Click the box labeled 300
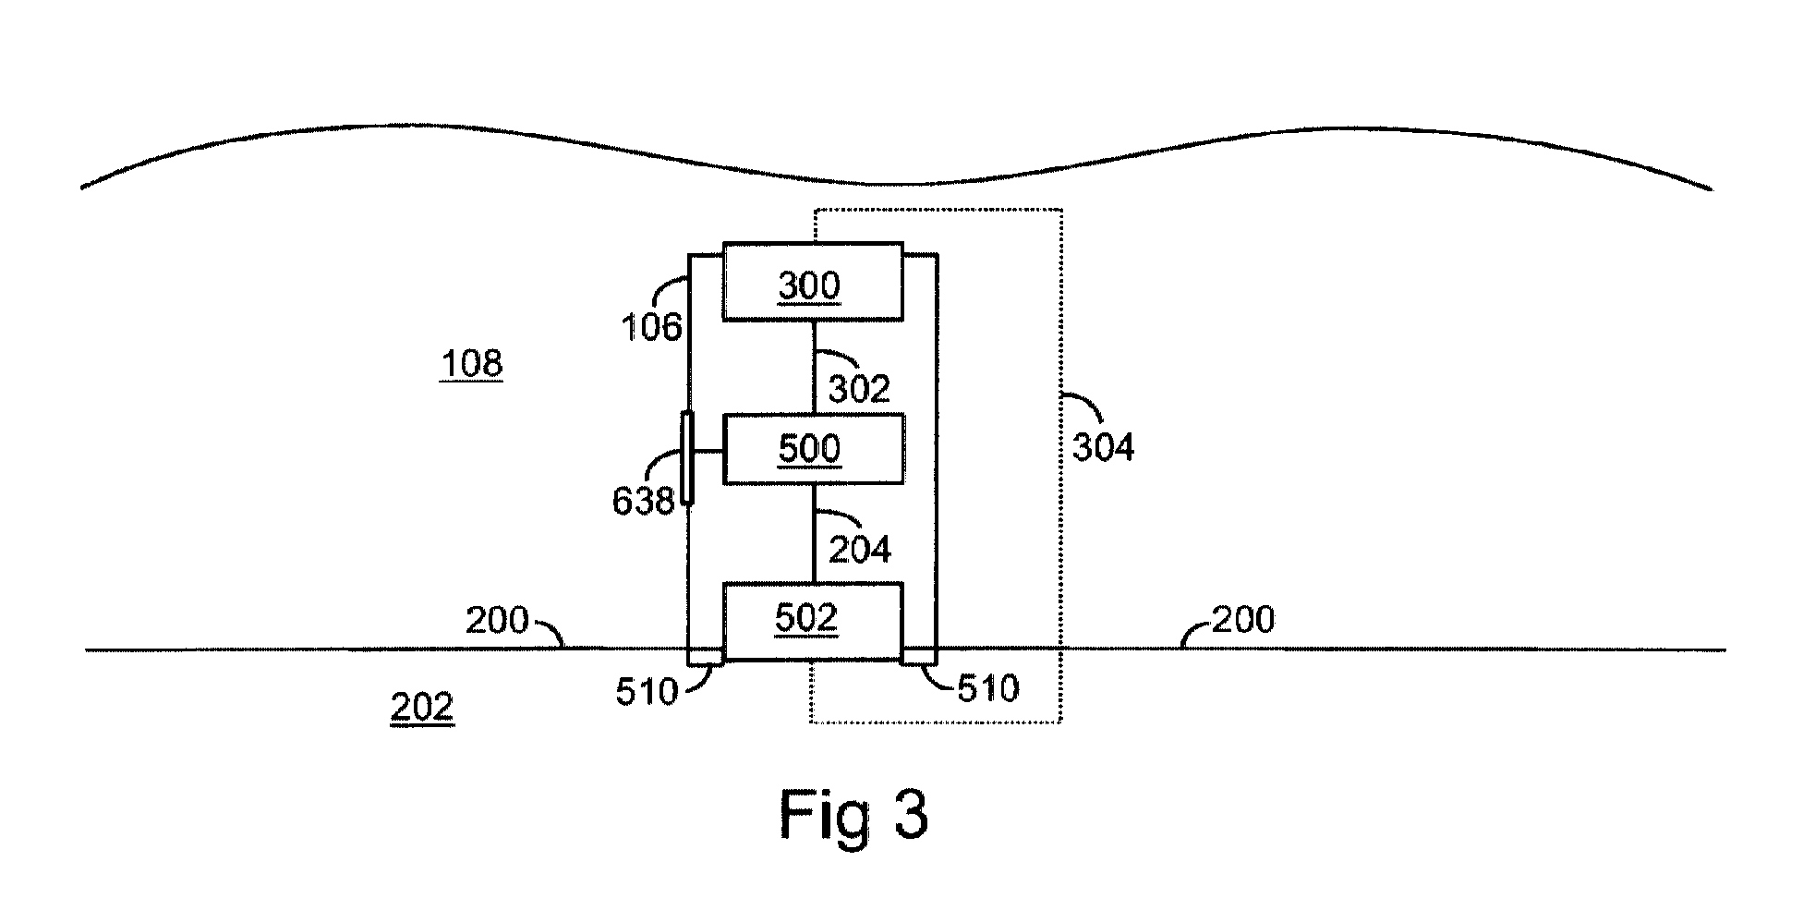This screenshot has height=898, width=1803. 812,282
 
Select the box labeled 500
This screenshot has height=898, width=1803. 812,449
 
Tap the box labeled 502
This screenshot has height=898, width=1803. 812,622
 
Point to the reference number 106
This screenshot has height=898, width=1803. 651,327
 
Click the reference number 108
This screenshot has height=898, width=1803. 471,364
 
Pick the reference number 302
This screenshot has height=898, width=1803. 859,389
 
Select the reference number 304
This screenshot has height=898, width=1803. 1104,448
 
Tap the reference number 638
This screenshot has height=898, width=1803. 643,501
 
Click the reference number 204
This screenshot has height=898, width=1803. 860,550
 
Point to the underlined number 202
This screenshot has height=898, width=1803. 422,708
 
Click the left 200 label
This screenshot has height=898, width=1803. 497,621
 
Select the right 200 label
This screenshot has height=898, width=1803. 1243,619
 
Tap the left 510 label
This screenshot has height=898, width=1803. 647,692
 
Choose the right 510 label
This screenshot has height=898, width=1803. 988,688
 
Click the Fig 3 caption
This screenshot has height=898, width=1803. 854,814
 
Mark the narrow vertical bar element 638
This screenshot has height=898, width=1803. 687,459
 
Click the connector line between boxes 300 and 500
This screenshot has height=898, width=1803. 813,368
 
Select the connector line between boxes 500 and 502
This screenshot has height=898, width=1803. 813,533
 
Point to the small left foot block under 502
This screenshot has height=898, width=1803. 706,656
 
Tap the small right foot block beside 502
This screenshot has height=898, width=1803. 919,656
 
